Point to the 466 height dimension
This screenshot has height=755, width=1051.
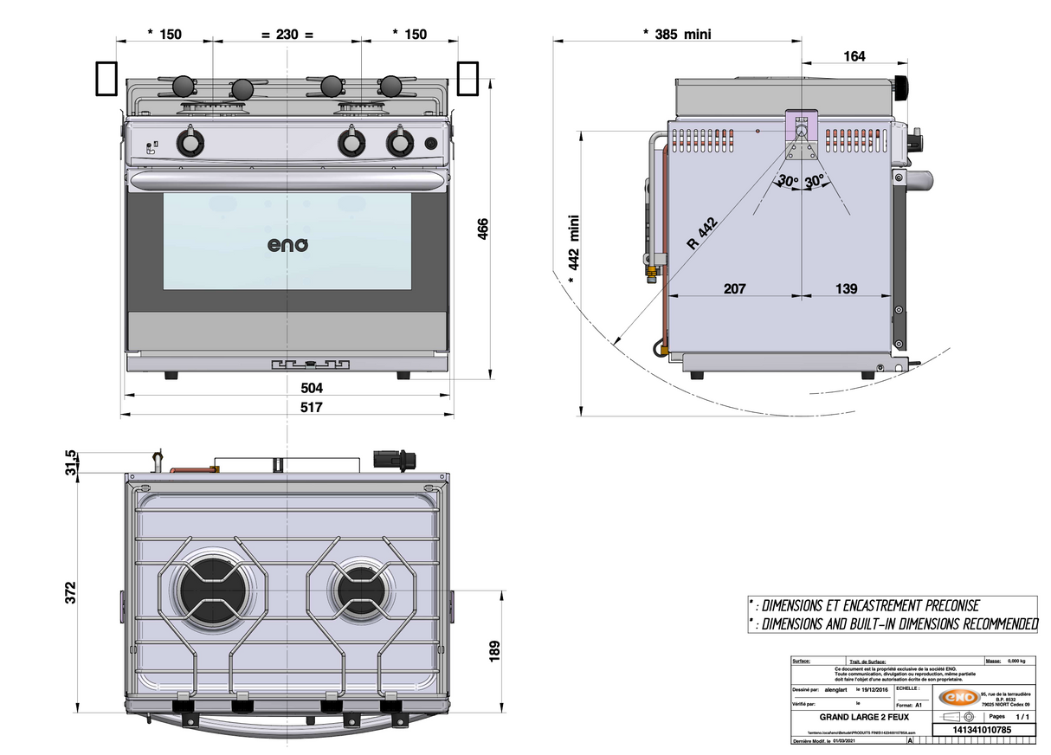pos(483,229)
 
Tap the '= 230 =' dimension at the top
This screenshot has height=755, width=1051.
pos(287,34)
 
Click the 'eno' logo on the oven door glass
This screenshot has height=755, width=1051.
pos(287,245)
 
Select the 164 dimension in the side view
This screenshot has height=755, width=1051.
pos(854,56)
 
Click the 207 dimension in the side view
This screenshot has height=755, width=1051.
pos(734,288)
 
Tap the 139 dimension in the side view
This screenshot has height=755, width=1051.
pos(847,288)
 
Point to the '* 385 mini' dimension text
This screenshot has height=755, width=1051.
pos(677,34)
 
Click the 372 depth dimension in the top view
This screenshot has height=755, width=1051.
pos(71,591)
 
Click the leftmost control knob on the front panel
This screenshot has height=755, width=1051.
pos(189,142)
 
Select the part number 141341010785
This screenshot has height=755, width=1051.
pos(982,731)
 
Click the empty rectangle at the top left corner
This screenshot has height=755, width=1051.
pos(106,78)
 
